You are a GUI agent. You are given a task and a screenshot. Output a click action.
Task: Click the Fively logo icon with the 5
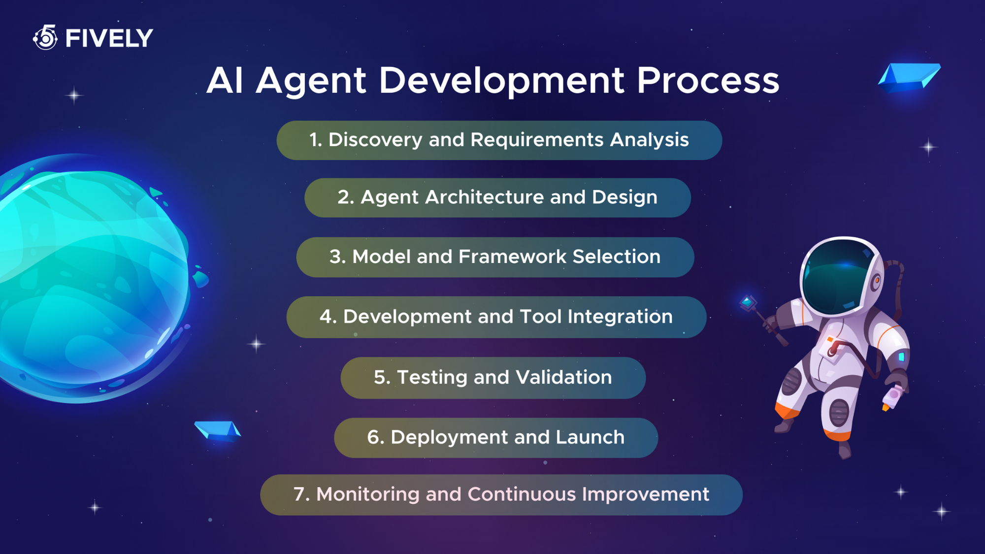click(46, 37)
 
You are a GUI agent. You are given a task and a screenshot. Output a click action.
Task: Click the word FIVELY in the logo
click(109, 38)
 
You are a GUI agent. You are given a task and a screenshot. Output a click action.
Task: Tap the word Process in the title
click(708, 80)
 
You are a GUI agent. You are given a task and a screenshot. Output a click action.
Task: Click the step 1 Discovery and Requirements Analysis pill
click(499, 140)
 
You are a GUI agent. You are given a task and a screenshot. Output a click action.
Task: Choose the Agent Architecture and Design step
click(497, 197)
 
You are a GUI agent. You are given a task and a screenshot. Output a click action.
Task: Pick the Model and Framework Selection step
click(495, 257)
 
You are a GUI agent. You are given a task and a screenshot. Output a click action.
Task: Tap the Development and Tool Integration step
click(496, 317)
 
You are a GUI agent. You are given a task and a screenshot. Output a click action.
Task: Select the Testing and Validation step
click(492, 378)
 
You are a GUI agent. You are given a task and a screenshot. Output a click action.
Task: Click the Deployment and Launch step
click(495, 438)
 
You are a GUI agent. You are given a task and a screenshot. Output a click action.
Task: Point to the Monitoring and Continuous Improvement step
click(501, 494)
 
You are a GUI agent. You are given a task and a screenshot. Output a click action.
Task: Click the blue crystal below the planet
click(217, 430)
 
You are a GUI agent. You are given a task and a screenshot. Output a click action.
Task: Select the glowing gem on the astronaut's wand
click(748, 302)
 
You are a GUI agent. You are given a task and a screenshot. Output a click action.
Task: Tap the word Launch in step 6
click(590, 437)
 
